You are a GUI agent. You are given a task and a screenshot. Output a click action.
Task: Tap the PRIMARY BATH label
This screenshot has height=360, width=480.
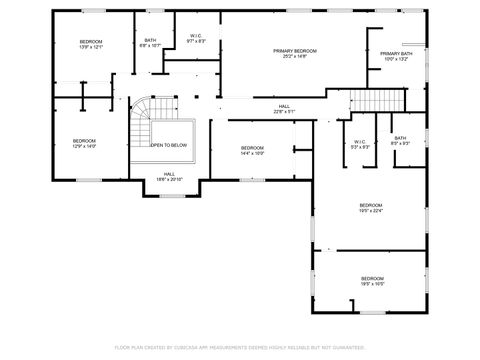(x=396, y=53)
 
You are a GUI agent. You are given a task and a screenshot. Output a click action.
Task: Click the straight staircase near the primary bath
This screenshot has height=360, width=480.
(x=369, y=101)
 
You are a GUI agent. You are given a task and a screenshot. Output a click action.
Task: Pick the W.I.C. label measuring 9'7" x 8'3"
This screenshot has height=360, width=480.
(x=196, y=36)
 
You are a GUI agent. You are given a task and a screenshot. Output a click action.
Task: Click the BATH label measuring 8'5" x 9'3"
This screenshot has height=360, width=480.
(x=400, y=138)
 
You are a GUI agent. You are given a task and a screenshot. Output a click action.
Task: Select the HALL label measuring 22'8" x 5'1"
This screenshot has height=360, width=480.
(x=284, y=105)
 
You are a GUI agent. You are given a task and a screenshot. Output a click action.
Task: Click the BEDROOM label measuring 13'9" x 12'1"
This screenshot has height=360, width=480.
(x=91, y=41)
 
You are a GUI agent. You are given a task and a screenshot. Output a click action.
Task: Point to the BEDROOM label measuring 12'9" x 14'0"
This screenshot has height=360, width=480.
(x=84, y=141)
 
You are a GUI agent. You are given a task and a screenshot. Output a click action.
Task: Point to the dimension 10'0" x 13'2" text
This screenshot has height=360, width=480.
(x=396, y=59)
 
